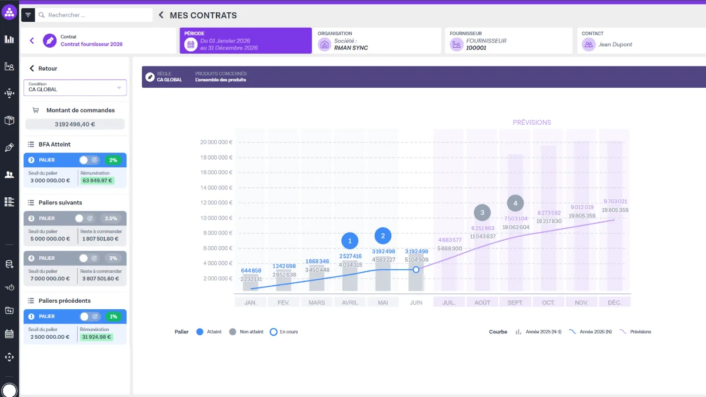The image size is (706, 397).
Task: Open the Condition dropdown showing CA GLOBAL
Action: click(x=75, y=87)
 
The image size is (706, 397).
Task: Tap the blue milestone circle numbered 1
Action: click(x=350, y=241)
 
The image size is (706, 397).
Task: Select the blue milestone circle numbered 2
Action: click(x=383, y=236)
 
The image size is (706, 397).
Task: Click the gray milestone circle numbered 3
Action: click(x=482, y=213)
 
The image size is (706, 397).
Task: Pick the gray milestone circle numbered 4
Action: click(x=515, y=203)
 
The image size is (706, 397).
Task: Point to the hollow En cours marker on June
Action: click(x=416, y=270)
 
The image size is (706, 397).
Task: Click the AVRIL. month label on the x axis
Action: click(x=350, y=303)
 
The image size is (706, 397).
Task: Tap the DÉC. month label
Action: click(x=615, y=303)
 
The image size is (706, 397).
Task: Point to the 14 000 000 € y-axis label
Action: click(x=217, y=188)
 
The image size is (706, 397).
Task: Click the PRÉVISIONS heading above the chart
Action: click(x=532, y=123)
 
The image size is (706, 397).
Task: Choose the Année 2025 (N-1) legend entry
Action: click(x=539, y=332)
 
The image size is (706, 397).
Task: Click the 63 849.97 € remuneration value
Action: click(x=97, y=180)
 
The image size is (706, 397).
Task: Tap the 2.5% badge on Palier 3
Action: click(x=111, y=219)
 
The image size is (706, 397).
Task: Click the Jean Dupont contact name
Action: click(x=615, y=45)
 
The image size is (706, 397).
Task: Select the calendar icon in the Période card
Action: click(x=191, y=45)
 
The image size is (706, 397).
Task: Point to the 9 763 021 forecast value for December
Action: click(x=615, y=201)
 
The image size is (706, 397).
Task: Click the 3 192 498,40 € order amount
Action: click(x=75, y=124)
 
